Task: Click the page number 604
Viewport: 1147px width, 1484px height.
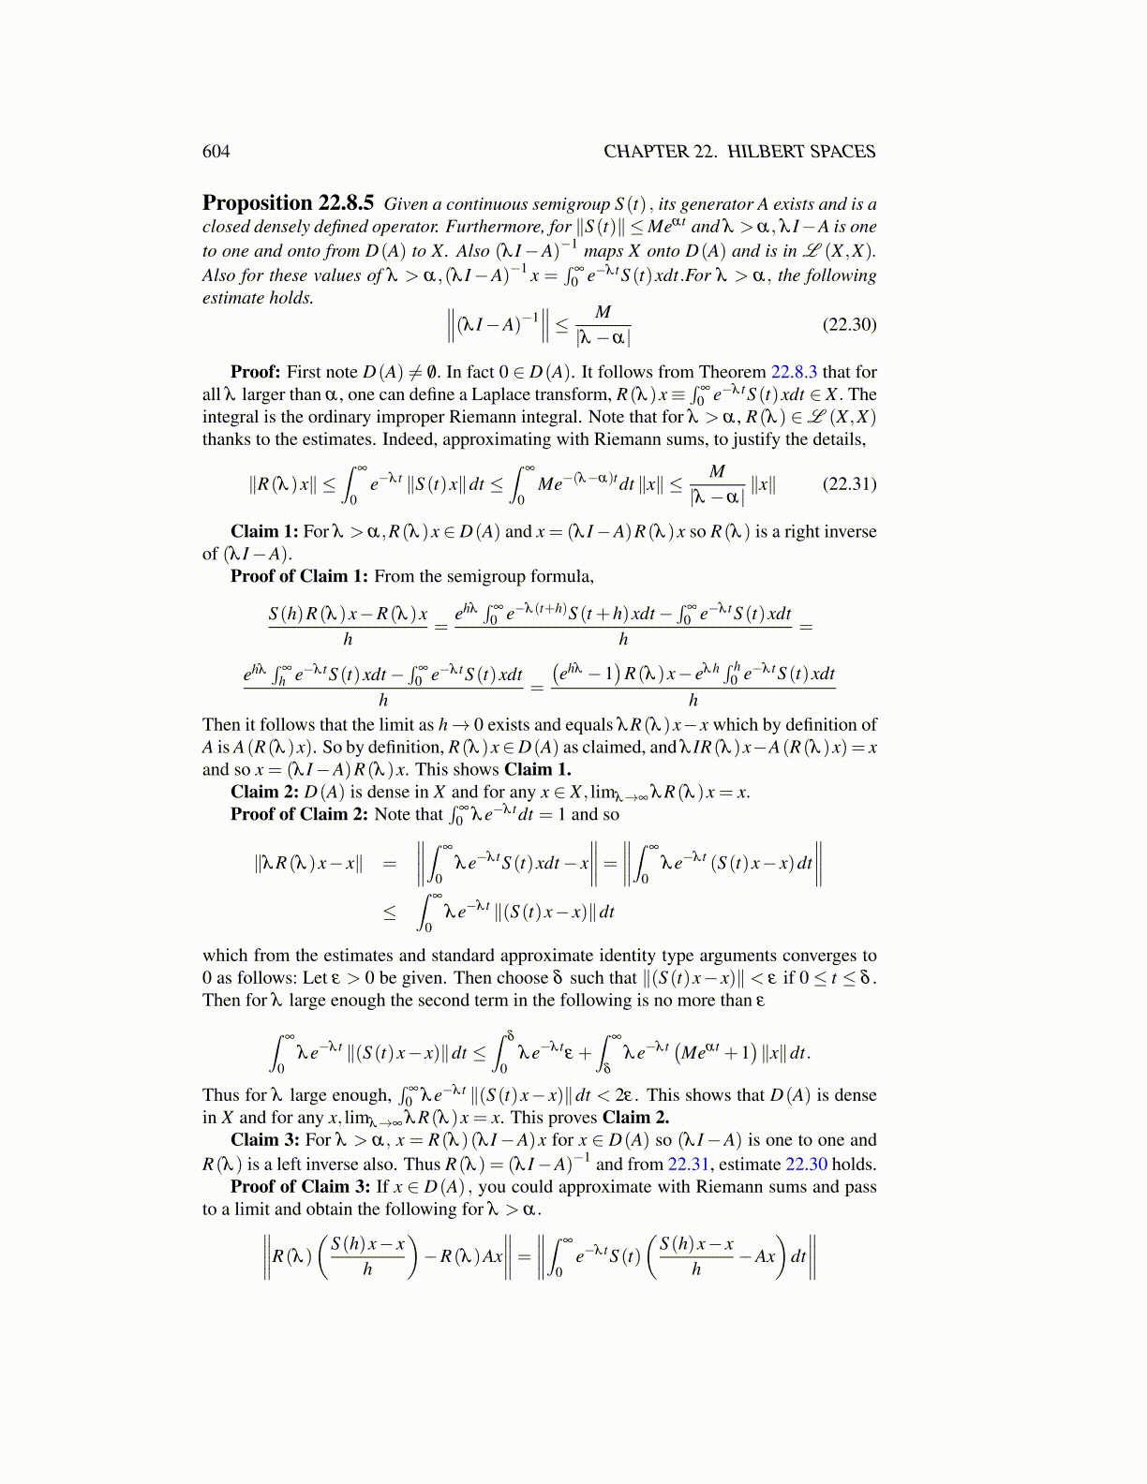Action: [x=216, y=152]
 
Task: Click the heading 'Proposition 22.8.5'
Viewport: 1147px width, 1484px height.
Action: [x=289, y=203]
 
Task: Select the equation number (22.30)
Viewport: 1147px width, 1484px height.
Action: [x=849, y=324]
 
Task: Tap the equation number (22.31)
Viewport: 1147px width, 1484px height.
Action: [x=849, y=483]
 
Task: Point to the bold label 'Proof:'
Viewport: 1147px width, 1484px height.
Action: [x=255, y=372]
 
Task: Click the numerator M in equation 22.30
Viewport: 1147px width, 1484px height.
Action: [x=603, y=312]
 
